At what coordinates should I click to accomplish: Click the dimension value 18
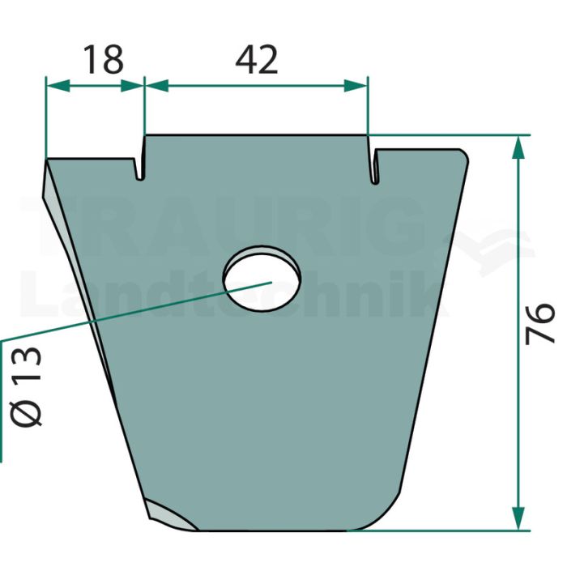point(104,60)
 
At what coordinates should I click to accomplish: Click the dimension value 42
point(257,60)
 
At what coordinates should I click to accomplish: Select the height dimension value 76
point(539,323)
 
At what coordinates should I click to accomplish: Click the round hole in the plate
point(262,279)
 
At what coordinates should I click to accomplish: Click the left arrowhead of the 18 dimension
point(58,87)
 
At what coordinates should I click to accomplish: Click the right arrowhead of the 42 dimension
point(356,87)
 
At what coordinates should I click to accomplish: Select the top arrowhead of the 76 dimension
point(518,147)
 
